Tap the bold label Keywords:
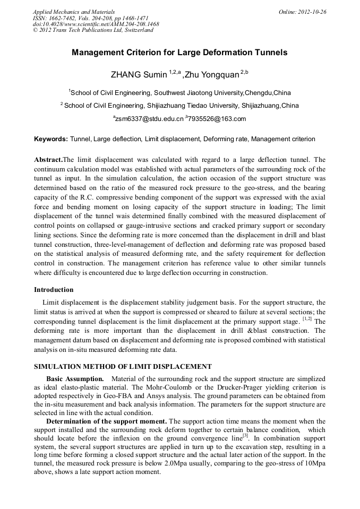[51, 139]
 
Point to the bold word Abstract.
[48, 160]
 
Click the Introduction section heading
[54, 290]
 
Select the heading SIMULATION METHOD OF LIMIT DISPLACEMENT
[123, 366]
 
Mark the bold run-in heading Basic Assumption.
[74, 378]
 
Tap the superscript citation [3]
[245, 435]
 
